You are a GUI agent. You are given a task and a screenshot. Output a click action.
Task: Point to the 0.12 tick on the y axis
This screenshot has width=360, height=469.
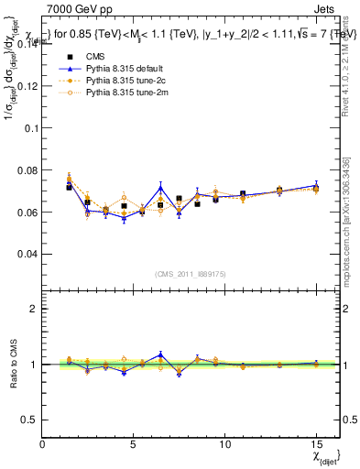[27, 86]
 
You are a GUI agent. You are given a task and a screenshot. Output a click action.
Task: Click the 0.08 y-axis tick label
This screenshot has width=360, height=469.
[27, 169]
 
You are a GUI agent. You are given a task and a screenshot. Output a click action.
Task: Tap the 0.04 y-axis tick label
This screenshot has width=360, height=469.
[27, 253]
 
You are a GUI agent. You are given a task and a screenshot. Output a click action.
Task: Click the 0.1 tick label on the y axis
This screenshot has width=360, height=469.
[31, 128]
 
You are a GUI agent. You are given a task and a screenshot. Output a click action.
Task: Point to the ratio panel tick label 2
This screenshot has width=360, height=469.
[34, 310]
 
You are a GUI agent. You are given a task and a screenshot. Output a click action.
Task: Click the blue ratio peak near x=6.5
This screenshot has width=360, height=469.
[160, 354]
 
